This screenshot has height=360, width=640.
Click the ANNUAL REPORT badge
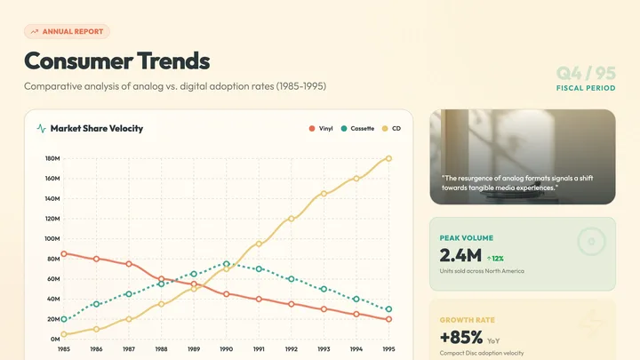coord(67,31)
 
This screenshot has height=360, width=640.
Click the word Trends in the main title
coord(173,60)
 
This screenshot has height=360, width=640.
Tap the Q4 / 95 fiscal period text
coord(586,74)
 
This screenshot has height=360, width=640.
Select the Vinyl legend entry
coord(321,129)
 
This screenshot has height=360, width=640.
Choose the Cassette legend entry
coord(357,129)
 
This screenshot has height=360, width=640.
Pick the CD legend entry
coord(391,129)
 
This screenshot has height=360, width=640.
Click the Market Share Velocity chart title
coord(97,129)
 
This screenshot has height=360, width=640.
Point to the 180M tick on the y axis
coord(52,158)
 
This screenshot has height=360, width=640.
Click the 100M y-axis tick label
coord(52,239)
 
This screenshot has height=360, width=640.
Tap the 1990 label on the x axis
coord(226,349)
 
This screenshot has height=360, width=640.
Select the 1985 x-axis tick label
coord(64,349)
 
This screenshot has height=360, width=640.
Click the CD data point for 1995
coord(388,158)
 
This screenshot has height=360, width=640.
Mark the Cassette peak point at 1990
coord(226,264)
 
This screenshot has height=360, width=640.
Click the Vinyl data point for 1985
coord(64,254)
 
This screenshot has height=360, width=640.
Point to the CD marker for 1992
coord(291,219)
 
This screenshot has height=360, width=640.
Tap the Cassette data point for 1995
coord(388,309)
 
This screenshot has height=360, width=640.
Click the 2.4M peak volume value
coord(460,256)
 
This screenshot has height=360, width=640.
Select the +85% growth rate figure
coord(461,338)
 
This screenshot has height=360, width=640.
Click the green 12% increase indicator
coord(495,259)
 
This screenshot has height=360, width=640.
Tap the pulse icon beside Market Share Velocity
coord(41,129)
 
